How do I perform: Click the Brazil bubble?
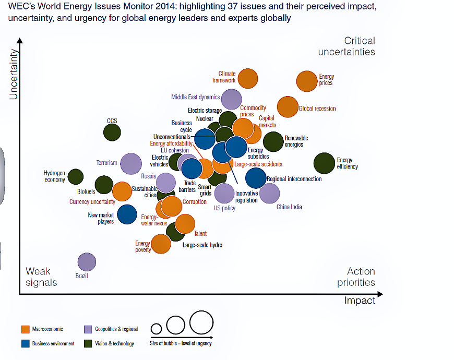click(x=87, y=262)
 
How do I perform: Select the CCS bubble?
click(x=112, y=133)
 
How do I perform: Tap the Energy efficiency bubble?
click(x=324, y=163)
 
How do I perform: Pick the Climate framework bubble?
click(x=248, y=78)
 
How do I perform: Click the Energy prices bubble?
click(x=306, y=81)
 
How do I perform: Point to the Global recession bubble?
click(x=287, y=107)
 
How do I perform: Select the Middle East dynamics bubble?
click(x=231, y=99)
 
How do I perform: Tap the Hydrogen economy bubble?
click(x=76, y=177)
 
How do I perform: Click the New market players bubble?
click(x=127, y=214)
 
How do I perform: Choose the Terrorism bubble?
click(x=130, y=163)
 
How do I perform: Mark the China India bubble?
click(x=269, y=194)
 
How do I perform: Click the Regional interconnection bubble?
click(x=256, y=178)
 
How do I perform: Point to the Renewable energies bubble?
click(x=273, y=141)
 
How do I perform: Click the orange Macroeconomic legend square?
click(x=25, y=329)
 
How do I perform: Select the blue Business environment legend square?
click(x=25, y=343)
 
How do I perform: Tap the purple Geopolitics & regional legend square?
click(x=88, y=329)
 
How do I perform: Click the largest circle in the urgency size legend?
click(x=201, y=322)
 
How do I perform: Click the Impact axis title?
click(x=360, y=301)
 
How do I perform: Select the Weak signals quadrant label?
click(x=41, y=277)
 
